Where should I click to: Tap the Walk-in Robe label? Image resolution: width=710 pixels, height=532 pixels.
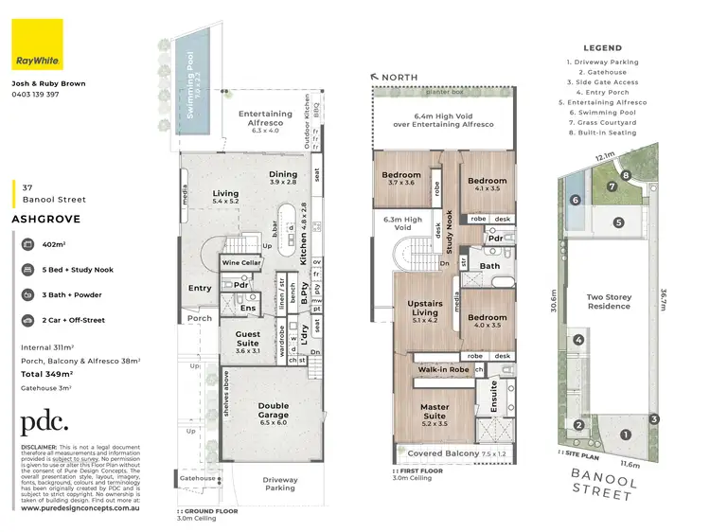point(442,370)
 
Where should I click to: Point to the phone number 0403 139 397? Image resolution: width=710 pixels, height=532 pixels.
point(36,95)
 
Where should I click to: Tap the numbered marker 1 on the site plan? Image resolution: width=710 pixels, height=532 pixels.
point(624,434)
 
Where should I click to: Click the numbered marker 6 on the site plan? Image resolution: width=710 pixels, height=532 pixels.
point(576,200)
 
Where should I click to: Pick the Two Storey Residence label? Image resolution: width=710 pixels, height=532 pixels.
point(608,300)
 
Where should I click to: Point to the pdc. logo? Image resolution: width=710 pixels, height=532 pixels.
point(44,422)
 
